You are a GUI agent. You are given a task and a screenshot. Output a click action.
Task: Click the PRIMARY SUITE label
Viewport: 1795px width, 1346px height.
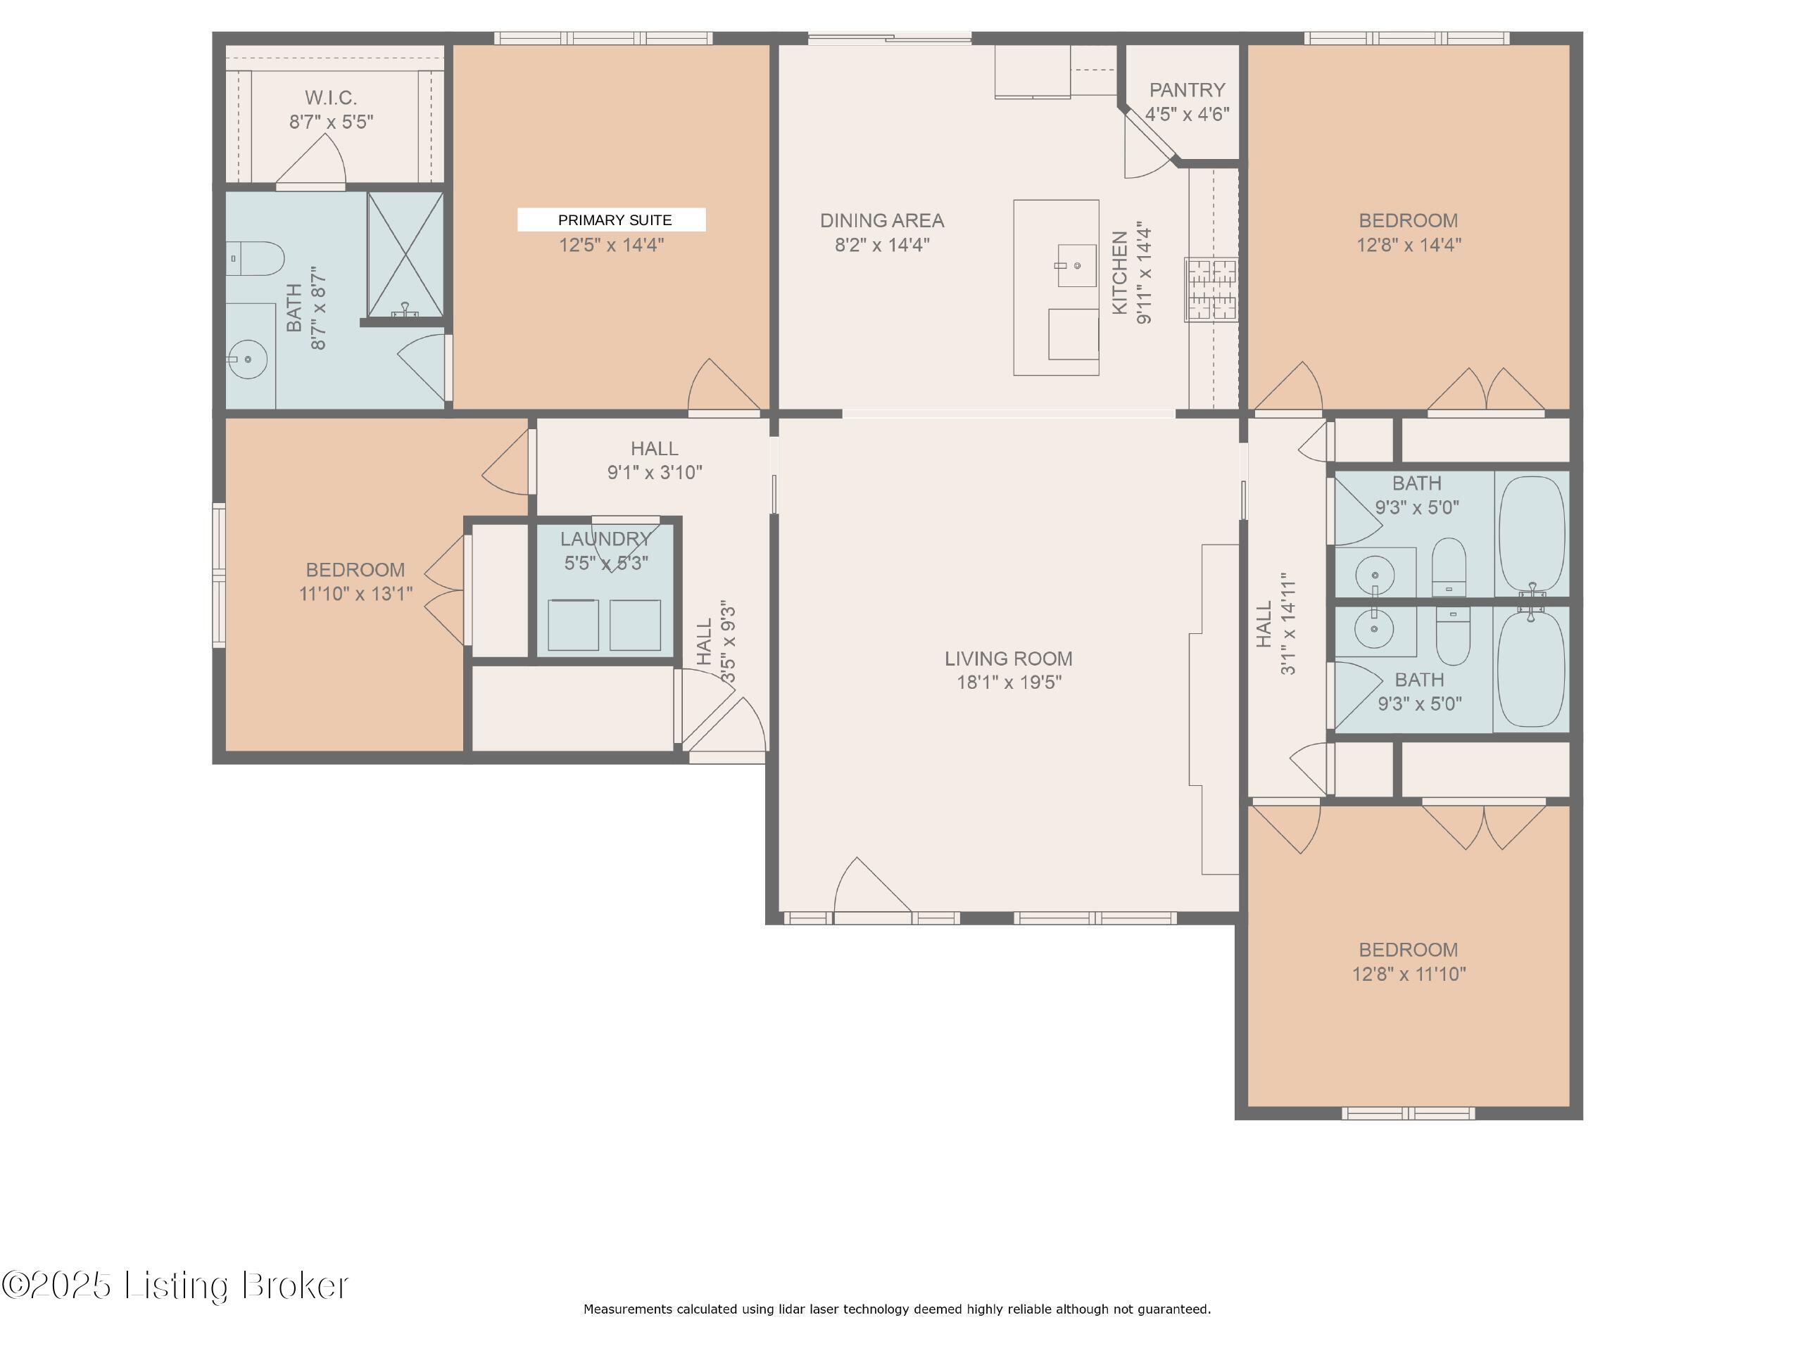pos(615,220)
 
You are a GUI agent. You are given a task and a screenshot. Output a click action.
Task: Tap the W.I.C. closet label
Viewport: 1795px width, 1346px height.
pos(330,99)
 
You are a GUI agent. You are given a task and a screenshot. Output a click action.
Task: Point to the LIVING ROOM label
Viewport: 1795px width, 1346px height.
pos(1008,658)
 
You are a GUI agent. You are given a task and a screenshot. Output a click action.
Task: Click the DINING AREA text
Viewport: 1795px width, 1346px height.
pos(882,221)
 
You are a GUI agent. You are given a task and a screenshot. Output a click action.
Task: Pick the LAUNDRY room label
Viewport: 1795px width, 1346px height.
pos(605,539)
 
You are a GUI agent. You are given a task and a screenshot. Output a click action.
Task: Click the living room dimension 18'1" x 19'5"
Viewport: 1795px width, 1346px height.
pos(1009,682)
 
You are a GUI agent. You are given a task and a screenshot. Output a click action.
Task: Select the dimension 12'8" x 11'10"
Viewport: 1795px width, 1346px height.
pos(1409,974)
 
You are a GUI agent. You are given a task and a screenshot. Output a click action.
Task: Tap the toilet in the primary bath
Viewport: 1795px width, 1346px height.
pos(254,259)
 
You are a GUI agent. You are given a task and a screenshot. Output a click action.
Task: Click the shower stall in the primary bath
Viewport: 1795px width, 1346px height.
pos(405,255)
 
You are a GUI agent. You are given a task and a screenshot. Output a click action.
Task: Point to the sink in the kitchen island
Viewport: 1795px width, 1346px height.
pos(1076,265)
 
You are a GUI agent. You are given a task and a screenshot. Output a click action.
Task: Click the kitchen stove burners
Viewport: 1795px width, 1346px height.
pos(1211,290)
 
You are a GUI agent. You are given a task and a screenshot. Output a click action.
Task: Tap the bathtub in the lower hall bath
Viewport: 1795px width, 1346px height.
pos(1530,668)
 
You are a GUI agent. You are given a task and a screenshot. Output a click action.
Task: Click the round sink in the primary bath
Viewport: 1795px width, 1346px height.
pos(248,359)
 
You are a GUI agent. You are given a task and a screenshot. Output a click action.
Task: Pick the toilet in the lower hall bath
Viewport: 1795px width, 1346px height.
pos(1453,635)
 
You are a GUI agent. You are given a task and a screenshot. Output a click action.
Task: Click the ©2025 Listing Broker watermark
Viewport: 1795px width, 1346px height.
pos(175,1285)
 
